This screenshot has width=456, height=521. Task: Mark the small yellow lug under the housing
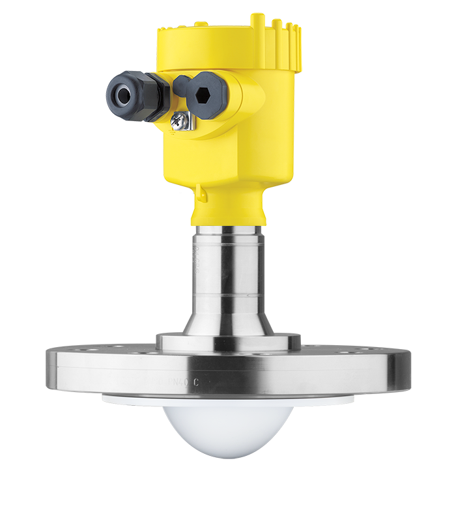(201, 193)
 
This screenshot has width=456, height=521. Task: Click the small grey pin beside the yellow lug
(186, 193)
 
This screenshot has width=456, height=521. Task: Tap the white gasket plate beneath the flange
(130, 397)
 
